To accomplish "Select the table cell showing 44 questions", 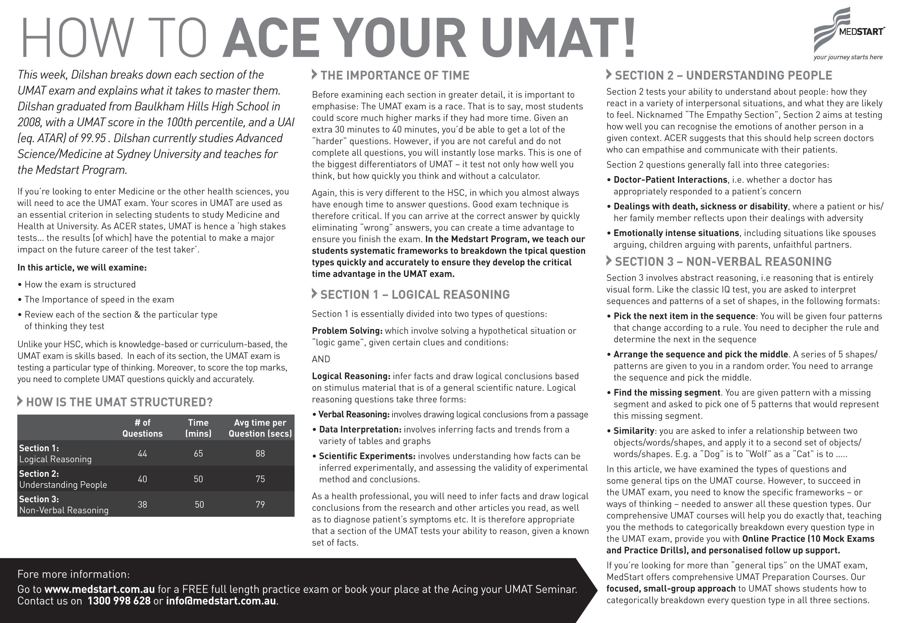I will tap(142, 454).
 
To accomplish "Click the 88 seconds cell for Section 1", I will tap(260, 454).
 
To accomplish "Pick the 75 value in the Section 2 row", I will tap(260, 479).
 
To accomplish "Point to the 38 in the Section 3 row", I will tap(142, 505).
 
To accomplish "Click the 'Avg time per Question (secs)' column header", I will tap(260, 428).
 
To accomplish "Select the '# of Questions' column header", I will tap(142, 428).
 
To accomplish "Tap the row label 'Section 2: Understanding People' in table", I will tap(63, 479).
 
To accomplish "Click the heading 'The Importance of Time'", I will tap(395, 75).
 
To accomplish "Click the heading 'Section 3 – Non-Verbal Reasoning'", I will tap(723, 261).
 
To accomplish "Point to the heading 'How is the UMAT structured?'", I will tap(119, 402).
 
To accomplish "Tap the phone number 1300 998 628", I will tap(119, 601).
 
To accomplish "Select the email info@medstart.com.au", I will tap(221, 601).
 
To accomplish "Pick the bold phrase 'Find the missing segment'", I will tap(667, 393).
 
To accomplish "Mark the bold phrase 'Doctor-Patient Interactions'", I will tap(670, 180).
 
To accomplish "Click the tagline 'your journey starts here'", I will tap(848, 57).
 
